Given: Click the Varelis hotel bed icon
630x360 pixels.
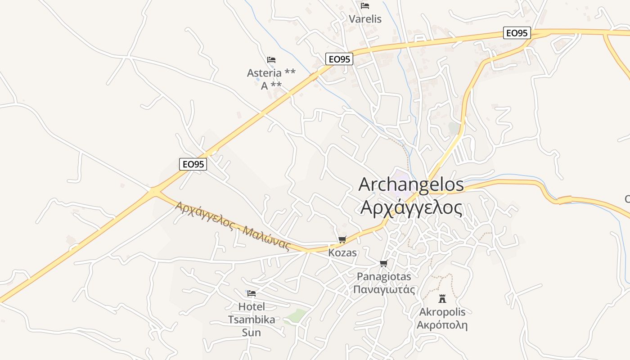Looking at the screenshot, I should tap(365, 6).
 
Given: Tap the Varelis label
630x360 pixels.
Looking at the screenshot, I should tap(365, 19).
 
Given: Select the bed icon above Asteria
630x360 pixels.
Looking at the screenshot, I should tap(271, 59).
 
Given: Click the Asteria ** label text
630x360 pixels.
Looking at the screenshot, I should tap(271, 73).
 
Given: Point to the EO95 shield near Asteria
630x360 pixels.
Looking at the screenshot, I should tap(339, 59).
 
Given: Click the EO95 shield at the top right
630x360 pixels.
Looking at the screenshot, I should tap(517, 33).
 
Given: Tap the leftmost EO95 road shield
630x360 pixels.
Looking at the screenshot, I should tap(193, 164).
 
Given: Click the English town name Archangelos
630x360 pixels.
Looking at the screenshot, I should tap(411, 185).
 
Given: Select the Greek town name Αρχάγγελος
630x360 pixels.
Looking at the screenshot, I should tap(411, 208).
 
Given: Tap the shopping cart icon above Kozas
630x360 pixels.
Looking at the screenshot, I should tap(342, 239).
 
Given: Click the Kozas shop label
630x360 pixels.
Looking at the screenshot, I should tap(342, 253).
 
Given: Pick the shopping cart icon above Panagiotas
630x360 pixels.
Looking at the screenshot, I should tap(383, 263).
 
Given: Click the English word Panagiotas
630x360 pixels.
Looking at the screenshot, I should tap(384, 276).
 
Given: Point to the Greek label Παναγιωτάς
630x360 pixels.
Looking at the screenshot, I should tap(384, 289).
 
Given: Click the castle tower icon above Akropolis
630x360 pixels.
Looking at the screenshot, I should tap(442, 298).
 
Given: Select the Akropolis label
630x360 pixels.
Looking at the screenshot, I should tap(442, 312).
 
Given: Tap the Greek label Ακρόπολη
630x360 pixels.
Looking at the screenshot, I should tap(442, 325).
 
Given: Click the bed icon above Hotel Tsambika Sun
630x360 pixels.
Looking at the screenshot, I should tap(252, 293).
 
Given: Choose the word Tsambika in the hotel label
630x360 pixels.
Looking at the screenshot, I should tap(252, 319).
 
